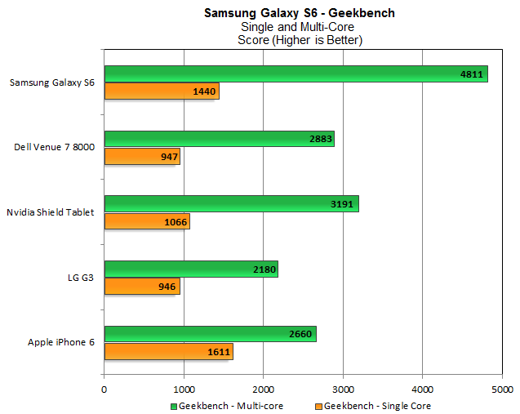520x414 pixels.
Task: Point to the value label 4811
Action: pyautogui.click(x=472, y=74)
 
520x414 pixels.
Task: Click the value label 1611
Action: pyautogui.click(x=220, y=352)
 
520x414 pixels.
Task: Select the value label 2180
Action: pyautogui.click(x=264, y=269)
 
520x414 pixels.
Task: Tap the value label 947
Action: pyautogui.click(x=170, y=156)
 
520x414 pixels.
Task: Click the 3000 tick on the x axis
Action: pyautogui.click(x=343, y=390)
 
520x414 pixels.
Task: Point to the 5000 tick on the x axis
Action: pyautogui.click(x=501, y=390)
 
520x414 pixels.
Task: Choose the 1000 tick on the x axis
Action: pyautogui.click(x=184, y=390)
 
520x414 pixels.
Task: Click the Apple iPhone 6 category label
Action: pyautogui.click(x=60, y=343)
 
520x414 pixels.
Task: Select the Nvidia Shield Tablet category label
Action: pyautogui.click(x=51, y=212)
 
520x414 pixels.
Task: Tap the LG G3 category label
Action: pyautogui.click(x=80, y=278)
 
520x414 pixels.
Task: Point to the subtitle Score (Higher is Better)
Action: pyautogui.click(x=300, y=40)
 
